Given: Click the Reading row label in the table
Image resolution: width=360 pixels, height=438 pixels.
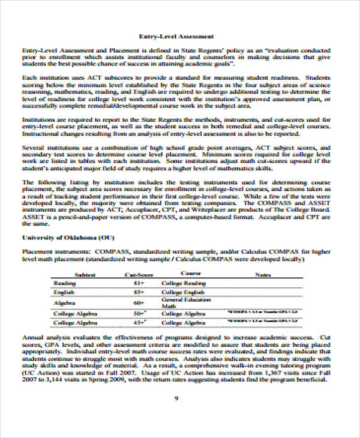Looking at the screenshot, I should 65,283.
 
